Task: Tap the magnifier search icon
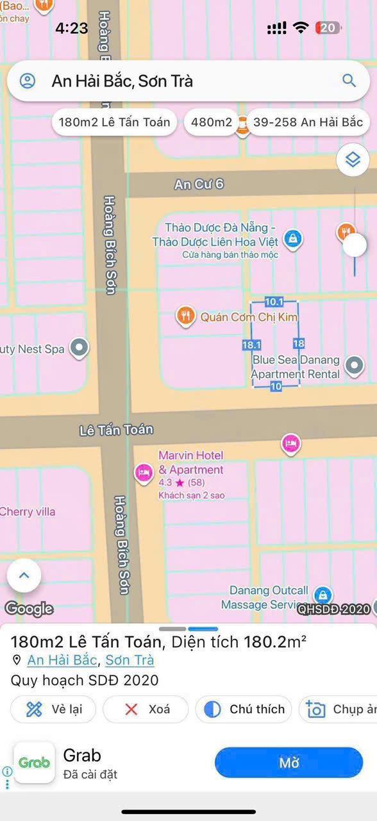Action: pyautogui.click(x=349, y=81)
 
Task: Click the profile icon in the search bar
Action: pyautogui.click(x=28, y=81)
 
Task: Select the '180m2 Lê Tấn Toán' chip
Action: pyautogui.click(x=114, y=122)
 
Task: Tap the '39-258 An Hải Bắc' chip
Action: pyautogui.click(x=308, y=122)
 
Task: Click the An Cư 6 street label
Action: pyautogui.click(x=199, y=184)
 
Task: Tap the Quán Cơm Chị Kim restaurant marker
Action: pyautogui.click(x=186, y=316)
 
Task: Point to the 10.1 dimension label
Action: pyautogui.click(x=274, y=301)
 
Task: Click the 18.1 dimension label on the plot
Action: pyautogui.click(x=251, y=345)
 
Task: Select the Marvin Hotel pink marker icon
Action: pyautogui.click(x=144, y=473)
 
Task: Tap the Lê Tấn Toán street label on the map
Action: pyautogui.click(x=116, y=430)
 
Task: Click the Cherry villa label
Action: pyautogui.click(x=28, y=512)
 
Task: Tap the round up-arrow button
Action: pyautogui.click(x=24, y=575)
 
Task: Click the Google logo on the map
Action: pyautogui.click(x=29, y=609)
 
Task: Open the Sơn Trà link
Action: pyautogui.click(x=130, y=660)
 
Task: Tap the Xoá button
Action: pyautogui.click(x=146, y=709)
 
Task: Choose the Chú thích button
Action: pyautogui.click(x=244, y=709)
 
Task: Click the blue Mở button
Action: pyautogui.click(x=289, y=763)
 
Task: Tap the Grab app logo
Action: pyautogui.click(x=35, y=763)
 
